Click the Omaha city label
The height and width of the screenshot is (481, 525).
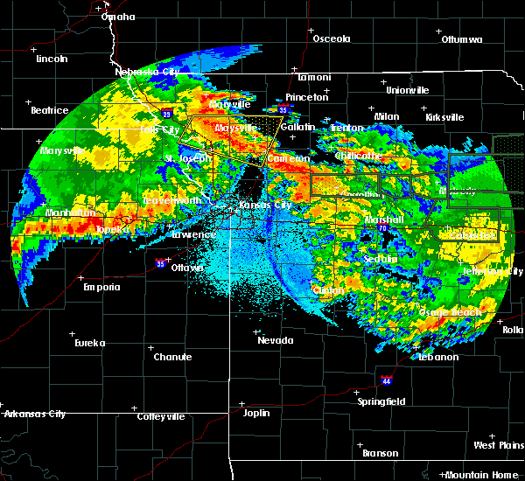[118, 17]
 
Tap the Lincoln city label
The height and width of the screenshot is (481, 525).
[52, 59]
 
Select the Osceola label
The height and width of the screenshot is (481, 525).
[332, 38]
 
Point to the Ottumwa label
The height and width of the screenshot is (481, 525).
[461, 39]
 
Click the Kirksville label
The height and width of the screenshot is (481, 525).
[444, 117]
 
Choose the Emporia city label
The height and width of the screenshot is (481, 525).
[101, 287]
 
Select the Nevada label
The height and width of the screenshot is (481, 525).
[276, 340]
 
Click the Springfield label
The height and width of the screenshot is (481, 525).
[381, 401]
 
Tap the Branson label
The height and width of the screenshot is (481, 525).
[381, 453]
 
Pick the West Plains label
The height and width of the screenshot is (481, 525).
[499, 445]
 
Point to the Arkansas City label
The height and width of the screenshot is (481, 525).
[34, 414]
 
